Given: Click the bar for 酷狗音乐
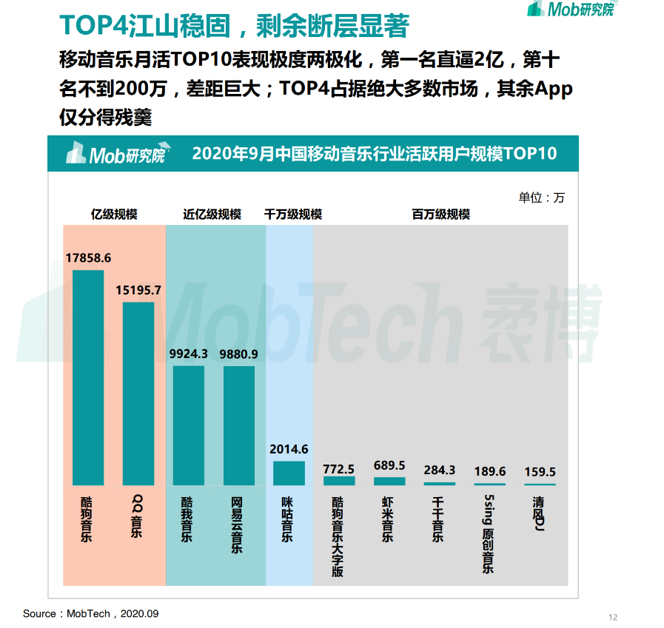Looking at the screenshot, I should coord(88,377).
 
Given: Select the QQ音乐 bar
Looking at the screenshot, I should coord(138,394).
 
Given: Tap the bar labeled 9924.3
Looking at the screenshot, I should coord(189,425).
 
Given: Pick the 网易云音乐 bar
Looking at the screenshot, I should coord(239,425).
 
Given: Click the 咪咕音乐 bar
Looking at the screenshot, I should coord(289,473).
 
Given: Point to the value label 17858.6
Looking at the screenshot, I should coord(88,258).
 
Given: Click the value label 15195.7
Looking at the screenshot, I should coord(138,290).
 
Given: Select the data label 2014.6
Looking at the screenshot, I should coord(289,449).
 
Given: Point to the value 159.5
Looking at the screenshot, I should coord(540,472).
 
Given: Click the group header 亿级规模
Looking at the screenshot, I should coord(114,215).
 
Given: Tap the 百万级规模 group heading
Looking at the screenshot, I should coord(441,215).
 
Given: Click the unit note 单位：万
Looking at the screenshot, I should coord(541,197).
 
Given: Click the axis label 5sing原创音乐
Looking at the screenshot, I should coord(489,533).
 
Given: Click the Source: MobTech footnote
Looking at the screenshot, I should coord(91,613).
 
